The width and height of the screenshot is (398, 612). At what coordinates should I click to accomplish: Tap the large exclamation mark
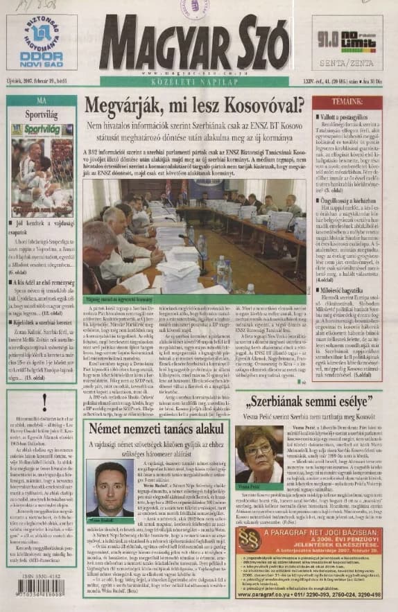(43, 399)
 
